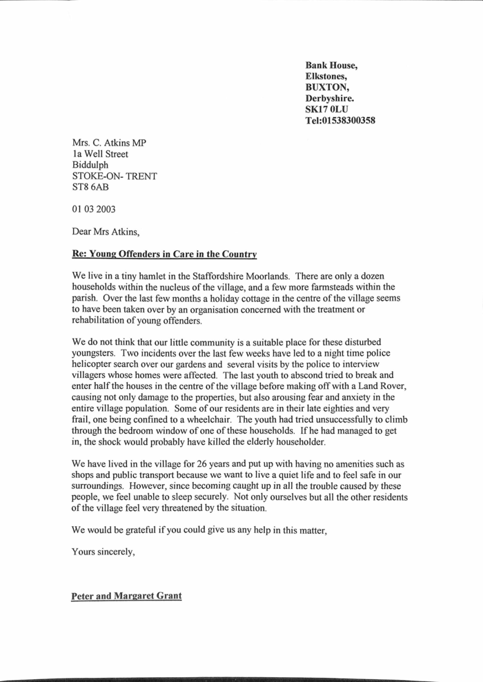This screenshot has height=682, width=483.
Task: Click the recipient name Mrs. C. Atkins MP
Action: coord(109,143)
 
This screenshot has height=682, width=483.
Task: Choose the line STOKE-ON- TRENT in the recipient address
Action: coord(115,176)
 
